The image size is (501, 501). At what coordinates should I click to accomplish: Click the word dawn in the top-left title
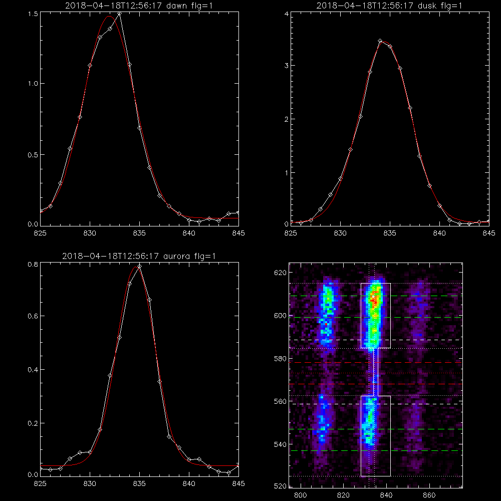[177, 6]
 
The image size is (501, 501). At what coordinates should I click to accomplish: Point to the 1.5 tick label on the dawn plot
[33, 14]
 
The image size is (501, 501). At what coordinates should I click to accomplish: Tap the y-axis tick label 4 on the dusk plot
[287, 14]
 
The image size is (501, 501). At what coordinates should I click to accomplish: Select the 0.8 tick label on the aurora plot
[33, 265]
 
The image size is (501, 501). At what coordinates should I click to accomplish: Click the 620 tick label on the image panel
[280, 273]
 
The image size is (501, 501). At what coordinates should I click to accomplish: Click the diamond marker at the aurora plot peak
[139, 266]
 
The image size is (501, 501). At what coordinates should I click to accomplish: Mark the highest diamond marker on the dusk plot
[380, 41]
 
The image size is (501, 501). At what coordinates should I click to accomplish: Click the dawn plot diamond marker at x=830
[90, 66]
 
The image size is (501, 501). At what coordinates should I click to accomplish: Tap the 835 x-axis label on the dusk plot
[390, 233]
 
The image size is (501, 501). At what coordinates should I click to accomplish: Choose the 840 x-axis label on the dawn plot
[189, 233]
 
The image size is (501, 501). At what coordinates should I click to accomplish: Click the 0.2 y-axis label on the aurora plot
[33, 423]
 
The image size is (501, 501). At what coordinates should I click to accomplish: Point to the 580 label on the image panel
[280, 359]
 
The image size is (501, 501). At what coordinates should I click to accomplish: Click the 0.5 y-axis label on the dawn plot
[33, 155]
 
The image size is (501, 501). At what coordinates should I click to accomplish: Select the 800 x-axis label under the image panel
[300, 495]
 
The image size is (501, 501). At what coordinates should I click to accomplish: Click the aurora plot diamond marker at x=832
[110, 375]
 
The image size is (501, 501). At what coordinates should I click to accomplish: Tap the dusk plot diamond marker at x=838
[419, 156]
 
